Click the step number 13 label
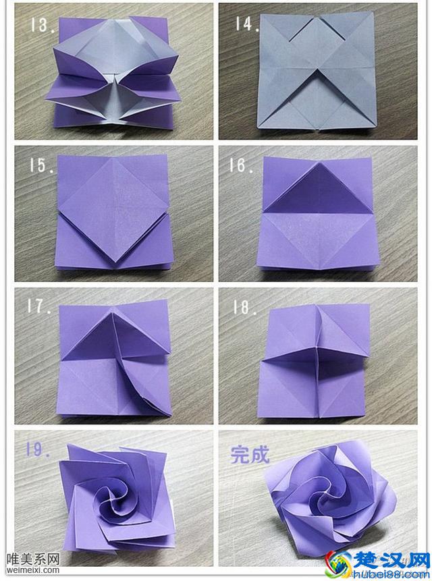click(x=42, y=25)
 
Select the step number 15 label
click(x=42, y=165)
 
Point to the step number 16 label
click(x=242, y=165)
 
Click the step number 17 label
click(x=38, y=306)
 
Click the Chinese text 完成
click(x=250, y=454)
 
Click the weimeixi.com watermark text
click(x=33, y=570)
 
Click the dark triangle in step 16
click(x=317, y=189)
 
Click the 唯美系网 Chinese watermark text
click(x=33, y=559)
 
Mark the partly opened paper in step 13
click(x=113, y=73)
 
